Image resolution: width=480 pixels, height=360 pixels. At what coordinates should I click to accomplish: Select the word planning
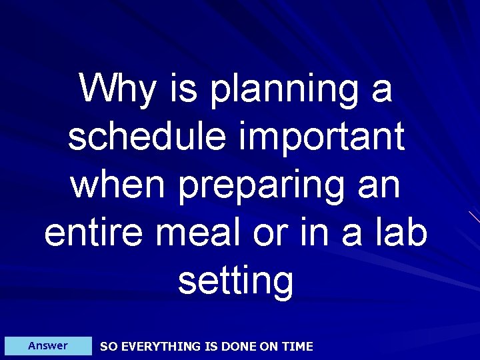click(284, 91)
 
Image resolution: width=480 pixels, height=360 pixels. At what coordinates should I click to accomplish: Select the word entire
click(88, 233)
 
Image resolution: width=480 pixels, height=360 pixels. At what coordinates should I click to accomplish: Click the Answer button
click(48, 346)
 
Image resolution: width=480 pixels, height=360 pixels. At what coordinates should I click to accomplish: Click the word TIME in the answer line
click(297, 347)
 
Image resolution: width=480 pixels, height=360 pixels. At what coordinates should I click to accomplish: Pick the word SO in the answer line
click(107, 347)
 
